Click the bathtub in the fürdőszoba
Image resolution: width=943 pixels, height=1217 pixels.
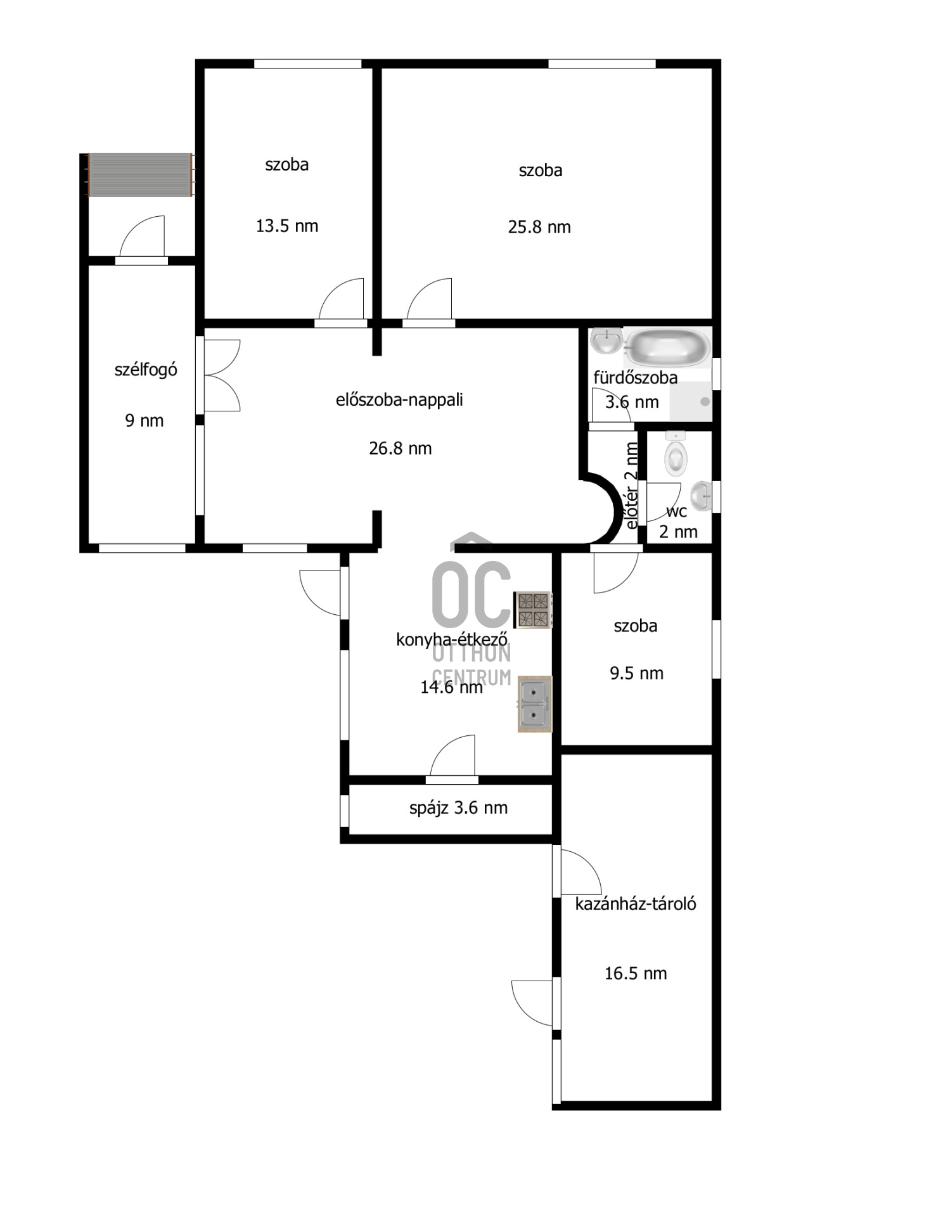pos(667,347)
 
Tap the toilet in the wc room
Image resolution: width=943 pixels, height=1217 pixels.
pos(676,454)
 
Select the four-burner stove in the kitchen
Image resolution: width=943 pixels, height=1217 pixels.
pos(532,610)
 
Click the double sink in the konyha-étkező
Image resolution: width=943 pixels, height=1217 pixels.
pos(534,704)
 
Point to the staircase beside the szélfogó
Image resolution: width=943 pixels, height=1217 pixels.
pos(140,175)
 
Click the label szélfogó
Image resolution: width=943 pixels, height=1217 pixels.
pos(146,370)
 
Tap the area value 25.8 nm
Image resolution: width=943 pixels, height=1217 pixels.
pos(539,227)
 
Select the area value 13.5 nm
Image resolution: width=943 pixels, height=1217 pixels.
pos(287,226)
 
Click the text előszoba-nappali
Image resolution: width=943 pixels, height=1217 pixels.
pos(399,400)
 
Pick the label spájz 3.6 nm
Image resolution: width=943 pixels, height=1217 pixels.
pos(458,808)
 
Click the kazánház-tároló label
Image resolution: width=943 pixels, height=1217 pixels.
pos(636,903)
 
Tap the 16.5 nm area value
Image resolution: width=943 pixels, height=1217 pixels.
pos(636,973)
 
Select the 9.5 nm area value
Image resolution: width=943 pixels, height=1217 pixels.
pos(636,673)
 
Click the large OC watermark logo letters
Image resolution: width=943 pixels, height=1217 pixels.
pos(472,593)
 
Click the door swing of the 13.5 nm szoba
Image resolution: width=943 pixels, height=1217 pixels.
pos(341,299)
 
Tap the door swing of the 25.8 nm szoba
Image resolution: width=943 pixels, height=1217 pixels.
pos(429,299)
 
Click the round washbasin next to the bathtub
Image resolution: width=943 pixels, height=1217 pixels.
pos(606,341)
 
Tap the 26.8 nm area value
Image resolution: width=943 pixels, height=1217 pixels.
pos(401,448)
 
